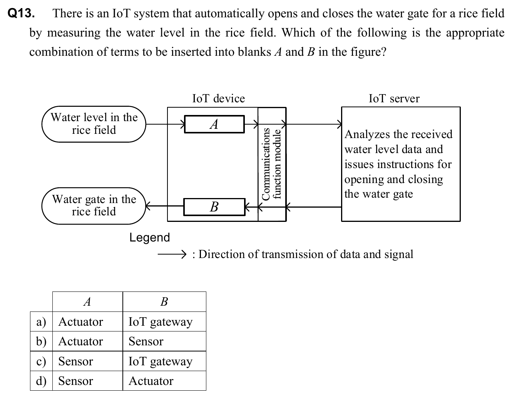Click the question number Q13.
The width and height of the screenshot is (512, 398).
coord(22,14)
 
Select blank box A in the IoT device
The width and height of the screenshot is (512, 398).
coord(214,124)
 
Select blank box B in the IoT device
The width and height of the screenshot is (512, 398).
coord(214,207)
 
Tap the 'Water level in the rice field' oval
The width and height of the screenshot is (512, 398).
coord(94,124)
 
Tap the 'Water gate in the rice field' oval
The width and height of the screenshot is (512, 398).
coord(94,206)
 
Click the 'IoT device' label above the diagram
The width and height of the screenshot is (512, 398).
coord(218,98)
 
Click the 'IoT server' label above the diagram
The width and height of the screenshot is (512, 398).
coord(394,98)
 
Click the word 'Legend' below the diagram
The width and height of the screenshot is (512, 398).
coord(149,237)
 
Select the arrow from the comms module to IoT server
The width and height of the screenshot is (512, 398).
coord(314,124)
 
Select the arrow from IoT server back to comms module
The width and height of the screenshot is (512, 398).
coord(314,207)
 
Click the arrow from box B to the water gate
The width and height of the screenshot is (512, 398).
coord(164,206)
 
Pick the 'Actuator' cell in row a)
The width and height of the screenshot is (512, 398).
coord(80,321)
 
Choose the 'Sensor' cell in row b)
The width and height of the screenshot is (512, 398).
coord(146,341)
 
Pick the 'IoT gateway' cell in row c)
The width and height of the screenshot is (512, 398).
coord(160,361)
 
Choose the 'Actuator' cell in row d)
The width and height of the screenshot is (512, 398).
coord(151,381)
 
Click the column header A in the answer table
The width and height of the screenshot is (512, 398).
coord(87,302)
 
